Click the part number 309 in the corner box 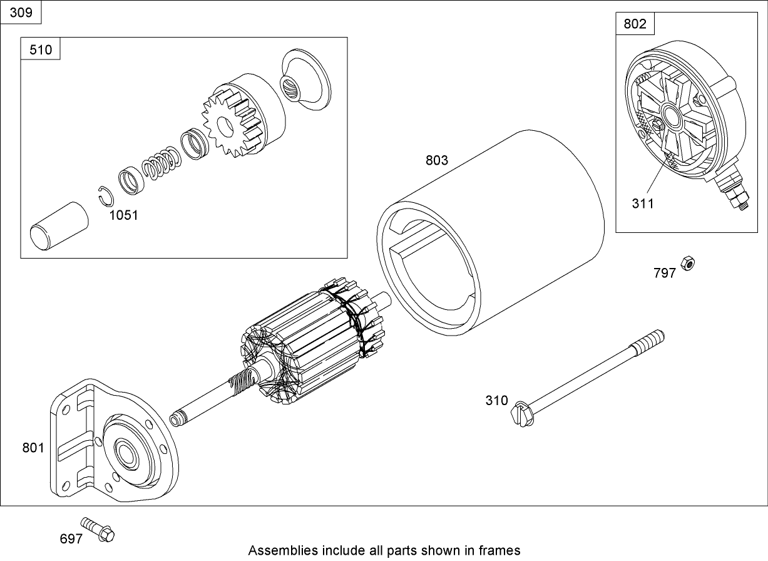[21, 13]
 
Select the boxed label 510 [41, 49]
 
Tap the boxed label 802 [635, 24]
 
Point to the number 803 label [437, 160]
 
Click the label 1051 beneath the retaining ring [123, 215]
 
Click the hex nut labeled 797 [687, 263]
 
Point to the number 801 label [33, 448]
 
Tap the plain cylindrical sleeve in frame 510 [59, 227]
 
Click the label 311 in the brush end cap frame [642, 203]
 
